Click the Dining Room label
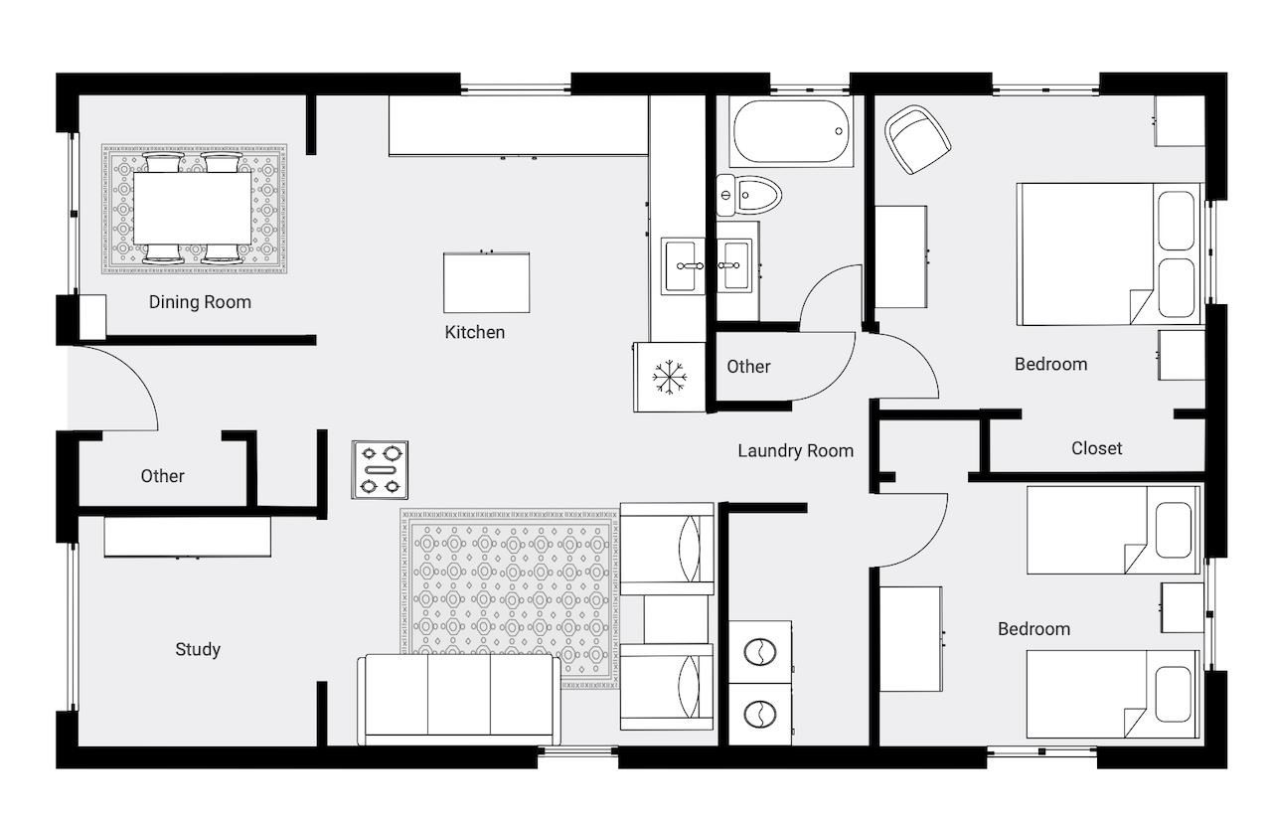[x=200, y=302]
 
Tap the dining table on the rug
[x=193, y=209]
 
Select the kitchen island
[x=487, y=282]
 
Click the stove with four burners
[x=380, y=470]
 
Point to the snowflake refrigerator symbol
[x=670, y=377]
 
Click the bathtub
[x=792, y=131]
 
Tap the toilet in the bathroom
[x=749, y=196]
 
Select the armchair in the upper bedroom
[x=917, y=139]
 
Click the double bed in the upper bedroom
[x=1110, y=253]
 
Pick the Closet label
[x=1096, y=448]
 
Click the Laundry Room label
[x=796, y=451]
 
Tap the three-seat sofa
[x=459, y=699]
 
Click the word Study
[x=198, y=649]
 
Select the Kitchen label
[x=475, y=332]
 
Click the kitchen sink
[x=683, y=265]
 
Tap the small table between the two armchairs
[x=676, y=619]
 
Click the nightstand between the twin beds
[x=1183, y=607]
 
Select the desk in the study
[x=188, y=536]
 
